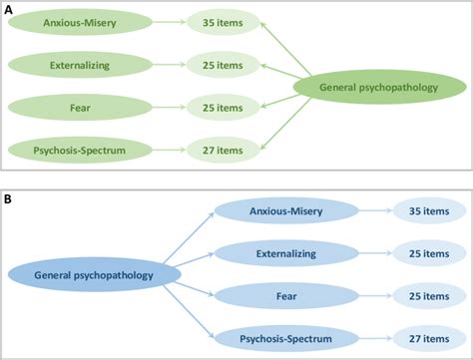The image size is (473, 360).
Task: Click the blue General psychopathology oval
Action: coord(94,274)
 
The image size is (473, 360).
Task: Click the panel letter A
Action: coord(8,8)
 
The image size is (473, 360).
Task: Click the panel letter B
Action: coord(8,198)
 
